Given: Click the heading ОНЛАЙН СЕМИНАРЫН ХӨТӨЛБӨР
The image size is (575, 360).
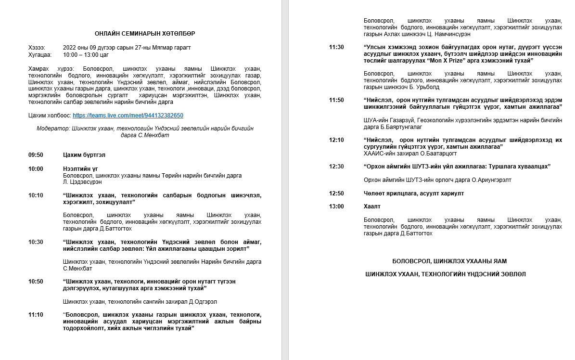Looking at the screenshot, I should coord(145,33).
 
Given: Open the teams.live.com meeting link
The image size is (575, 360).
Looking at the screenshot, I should coord(128,116).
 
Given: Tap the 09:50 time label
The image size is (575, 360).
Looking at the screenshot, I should coord(36,155).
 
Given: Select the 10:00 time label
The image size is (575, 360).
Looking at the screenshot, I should coord(36,169).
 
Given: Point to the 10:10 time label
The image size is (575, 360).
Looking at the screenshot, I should coord(36,195).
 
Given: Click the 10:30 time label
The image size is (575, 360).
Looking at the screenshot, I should coord(36,242).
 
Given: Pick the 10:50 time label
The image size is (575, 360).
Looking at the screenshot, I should coord(36,282).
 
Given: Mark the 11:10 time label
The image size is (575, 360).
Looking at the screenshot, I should coord(36,315).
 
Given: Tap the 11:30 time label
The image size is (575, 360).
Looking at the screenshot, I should coord(336,47).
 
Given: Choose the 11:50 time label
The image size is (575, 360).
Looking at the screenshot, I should coord(336,100).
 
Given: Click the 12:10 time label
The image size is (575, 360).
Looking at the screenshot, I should coord(336,140).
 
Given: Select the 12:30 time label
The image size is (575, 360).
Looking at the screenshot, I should coord(336,167).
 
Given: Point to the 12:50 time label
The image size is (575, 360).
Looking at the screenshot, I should coord(336,193).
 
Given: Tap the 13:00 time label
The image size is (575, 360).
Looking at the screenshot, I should coord(336,206).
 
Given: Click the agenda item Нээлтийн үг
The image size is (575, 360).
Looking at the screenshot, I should coord(80,169).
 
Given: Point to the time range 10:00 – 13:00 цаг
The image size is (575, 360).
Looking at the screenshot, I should coord(86,55).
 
